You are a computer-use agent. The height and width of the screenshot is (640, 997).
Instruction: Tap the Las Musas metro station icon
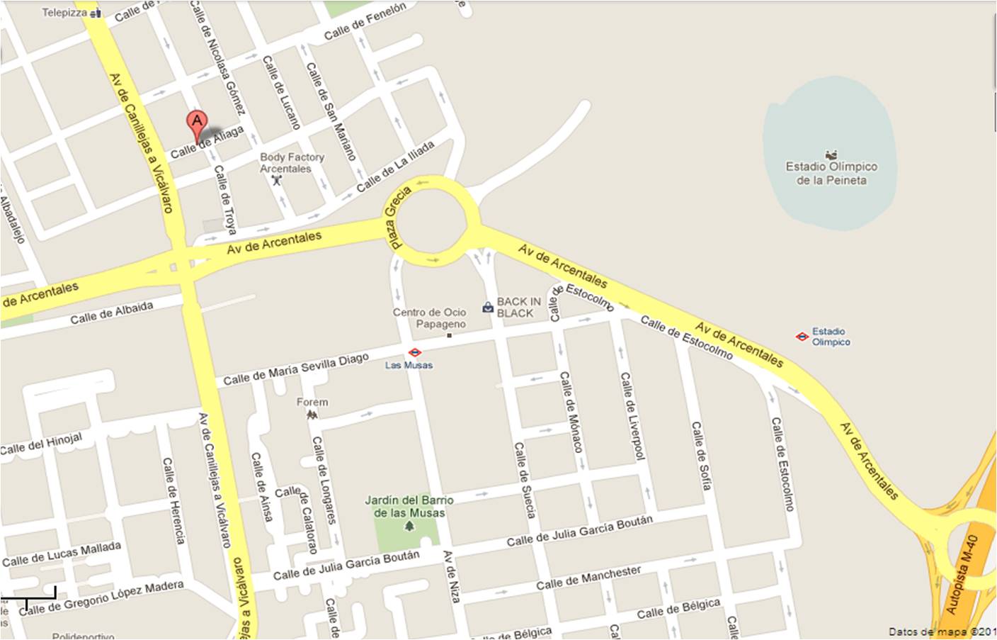[x=415, y=352]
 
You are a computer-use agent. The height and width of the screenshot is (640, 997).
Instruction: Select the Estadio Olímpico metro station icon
[x=802, y=337]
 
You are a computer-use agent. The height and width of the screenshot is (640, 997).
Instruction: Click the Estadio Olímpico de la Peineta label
[x=831, y=173]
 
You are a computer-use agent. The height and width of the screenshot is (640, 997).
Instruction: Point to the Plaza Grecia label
[x=397, y=217]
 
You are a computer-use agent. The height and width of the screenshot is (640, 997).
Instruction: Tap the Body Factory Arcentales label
[x=291, y=163]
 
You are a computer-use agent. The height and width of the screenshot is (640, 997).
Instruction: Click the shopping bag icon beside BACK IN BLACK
[x=487, y=307]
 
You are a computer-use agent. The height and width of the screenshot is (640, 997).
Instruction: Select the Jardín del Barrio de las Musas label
[x=409, y=506]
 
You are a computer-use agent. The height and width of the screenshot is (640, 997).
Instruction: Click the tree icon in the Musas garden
[x=409, y=527]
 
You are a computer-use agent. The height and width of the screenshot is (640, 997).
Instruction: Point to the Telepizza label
[x=64, y=13]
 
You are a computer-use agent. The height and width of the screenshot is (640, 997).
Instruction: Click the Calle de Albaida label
[x=112, y=313]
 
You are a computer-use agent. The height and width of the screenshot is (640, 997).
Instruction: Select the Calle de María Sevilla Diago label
[x=296, y=369]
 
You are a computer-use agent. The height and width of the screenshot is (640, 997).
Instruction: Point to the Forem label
[x=312, y=402]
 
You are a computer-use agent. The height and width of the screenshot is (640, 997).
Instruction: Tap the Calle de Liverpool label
[x=633, y=415]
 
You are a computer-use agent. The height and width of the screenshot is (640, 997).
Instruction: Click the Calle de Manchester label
[x=588, y=578]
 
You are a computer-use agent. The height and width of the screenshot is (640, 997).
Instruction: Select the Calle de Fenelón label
[x=365, y=21]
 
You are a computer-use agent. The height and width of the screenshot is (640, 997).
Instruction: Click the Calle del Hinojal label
[x=41, y=444]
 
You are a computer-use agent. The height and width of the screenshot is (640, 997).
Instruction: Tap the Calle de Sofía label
[x=701, y=456]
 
